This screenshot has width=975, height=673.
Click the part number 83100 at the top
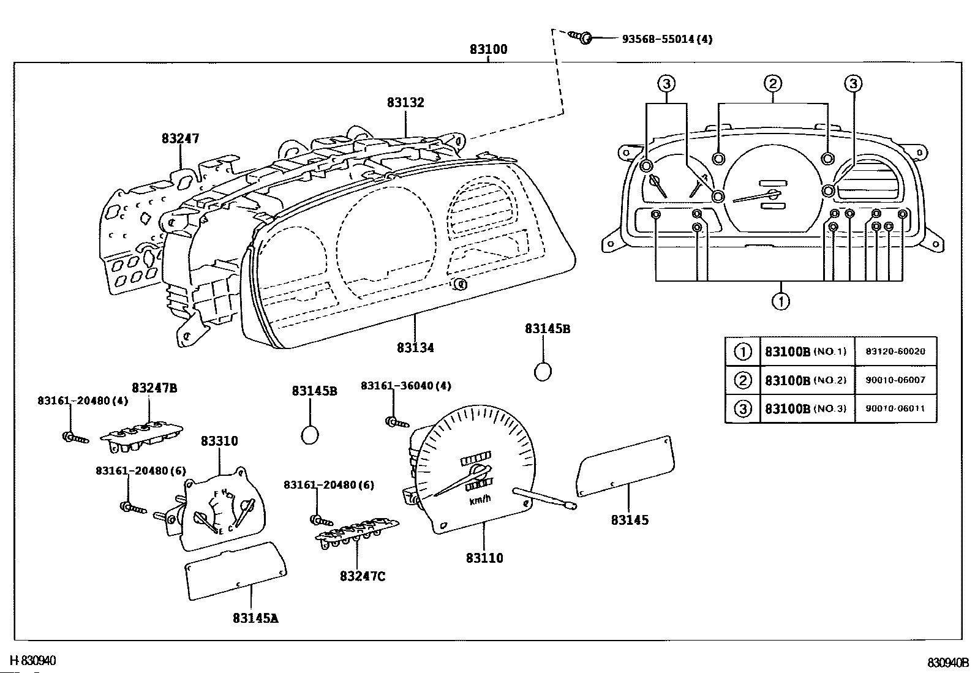tap(488, 49)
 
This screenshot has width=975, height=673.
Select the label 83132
tap(405, 102)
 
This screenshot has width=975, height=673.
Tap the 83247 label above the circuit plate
tap(180, 138)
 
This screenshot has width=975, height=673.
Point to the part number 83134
tap(415, 348)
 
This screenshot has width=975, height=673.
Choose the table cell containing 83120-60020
tap(895, 352)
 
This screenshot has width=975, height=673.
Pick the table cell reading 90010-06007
tap(895, 380)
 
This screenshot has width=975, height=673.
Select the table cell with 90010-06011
tap(895, 408)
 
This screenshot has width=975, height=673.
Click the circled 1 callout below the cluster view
tap(781, 301)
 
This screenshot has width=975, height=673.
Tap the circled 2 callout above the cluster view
tap(773, 83)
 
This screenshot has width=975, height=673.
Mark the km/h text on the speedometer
tap(480, 500)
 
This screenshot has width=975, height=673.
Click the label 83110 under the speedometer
tap(484, 558)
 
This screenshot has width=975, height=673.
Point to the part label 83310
tap(219, 441)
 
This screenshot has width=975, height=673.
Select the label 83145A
tap(255, 618)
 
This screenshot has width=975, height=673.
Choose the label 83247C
tap(363, 576)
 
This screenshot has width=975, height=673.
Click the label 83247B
tap(154, 388)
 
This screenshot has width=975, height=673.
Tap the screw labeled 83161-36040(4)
tap(397, 422)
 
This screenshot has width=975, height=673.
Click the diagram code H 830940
tap(32, 661)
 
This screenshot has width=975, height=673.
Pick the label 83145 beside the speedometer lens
tap(630, 520)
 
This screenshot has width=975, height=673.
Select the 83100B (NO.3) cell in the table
tap(807, 408)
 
